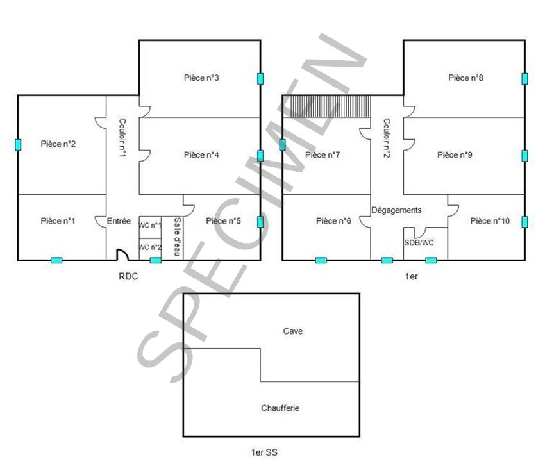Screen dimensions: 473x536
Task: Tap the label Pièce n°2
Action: click(58, 144)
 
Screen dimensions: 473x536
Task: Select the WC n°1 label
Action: click(150, 226)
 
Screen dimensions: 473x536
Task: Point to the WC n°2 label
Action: click(150, 247)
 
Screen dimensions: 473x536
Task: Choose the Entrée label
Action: click(119, 221)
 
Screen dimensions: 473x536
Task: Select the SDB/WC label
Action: click(419, 243)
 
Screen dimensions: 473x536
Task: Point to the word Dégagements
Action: click(396, 210)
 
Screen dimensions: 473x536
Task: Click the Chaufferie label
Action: click(280, 408)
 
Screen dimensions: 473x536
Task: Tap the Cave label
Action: click(293, 331)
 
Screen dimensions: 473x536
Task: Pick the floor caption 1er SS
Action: click(264, 452)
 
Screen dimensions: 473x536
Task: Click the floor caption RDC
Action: click(128, 277)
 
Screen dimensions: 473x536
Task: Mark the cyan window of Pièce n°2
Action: click(18, 145)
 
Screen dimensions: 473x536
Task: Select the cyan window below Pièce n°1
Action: click(56, 260)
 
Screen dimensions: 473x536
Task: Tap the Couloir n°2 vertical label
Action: click(387, 138)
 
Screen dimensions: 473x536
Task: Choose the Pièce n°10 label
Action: click(490, 221)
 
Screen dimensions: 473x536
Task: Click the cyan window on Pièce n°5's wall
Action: click(260, 222)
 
